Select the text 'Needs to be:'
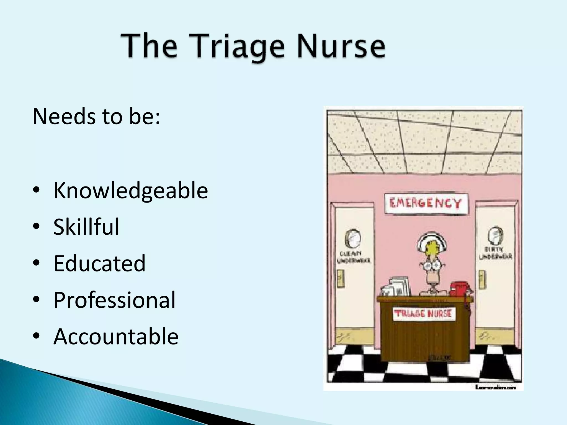[x=96, y=116]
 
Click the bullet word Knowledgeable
[x=130, y=190]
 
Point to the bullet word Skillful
[x=86, y=227]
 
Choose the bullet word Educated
[x=99, y=263]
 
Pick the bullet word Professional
[x=114, y=300]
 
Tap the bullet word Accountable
[x=116, y=336]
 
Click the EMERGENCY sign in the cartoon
[x=426, y=204]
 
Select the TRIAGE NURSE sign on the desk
[x=423, y=314]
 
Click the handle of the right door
[x=482, y=279]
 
